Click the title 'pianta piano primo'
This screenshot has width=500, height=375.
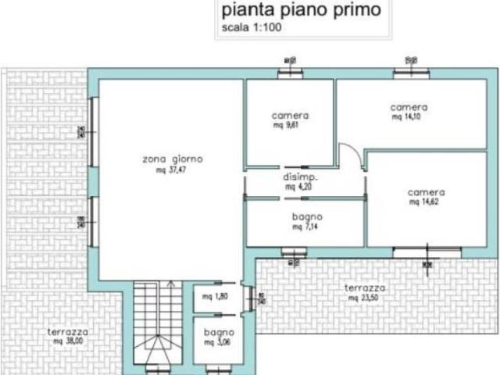(302, 11)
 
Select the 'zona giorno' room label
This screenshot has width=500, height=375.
(173, 159)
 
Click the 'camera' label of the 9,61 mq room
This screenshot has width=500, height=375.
(290, 115)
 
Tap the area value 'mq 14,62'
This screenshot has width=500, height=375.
(426, 202)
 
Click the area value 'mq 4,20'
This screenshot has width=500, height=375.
(298, 187)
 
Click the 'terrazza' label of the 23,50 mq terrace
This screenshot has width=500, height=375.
(365, 288)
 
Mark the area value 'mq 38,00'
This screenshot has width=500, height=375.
(68, 341)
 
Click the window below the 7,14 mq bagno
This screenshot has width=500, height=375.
(295, 252)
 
